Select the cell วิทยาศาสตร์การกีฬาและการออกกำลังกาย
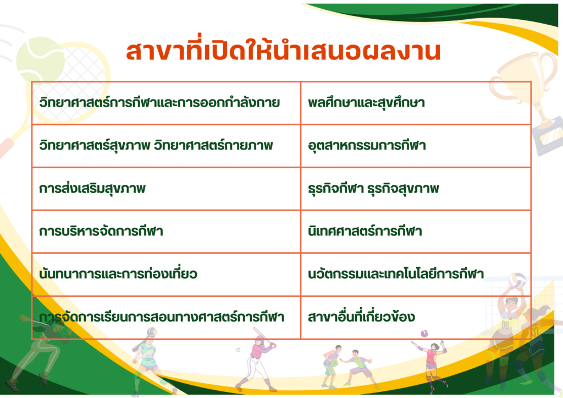pyautogui.click(x=166, y=103)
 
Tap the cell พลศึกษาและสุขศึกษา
pyautogui.click(x=416, y=103)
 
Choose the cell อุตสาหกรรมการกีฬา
pyautogui.click(x=416, y=146)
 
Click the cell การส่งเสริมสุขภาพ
pyautogui.click(x=166, y=189)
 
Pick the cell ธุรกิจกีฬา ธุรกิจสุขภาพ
pyautogui.click(x=416, y=189)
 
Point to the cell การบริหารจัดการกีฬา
pyautogui.click(x=166, y=231)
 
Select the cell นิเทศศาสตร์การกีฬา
pyautogui.click(x=416, y=231)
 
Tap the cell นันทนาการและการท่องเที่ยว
pyautogui.click(x=166, y=274)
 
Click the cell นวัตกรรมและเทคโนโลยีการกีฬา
pyautogui.click(x=416, y=274)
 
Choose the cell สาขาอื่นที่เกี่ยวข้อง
pyautogui.click(x=416, y=317)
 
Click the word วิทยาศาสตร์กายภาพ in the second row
pyautogui.click(x=214, y=145)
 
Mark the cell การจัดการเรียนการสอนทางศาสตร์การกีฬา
pyautogui.click(x=166, y=317)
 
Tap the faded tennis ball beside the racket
pyautogui.click(x=40, y=59)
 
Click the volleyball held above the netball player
pyautogui.click(x=517, y=280)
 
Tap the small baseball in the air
pyautogui.click(x=238, y=350)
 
